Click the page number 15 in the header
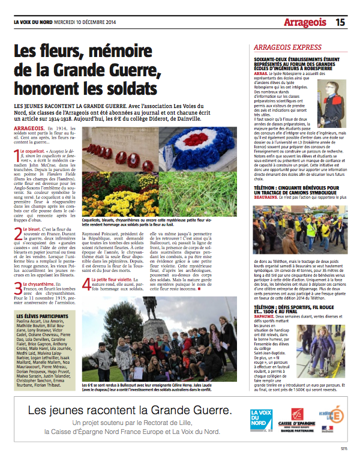coord(340,23)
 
